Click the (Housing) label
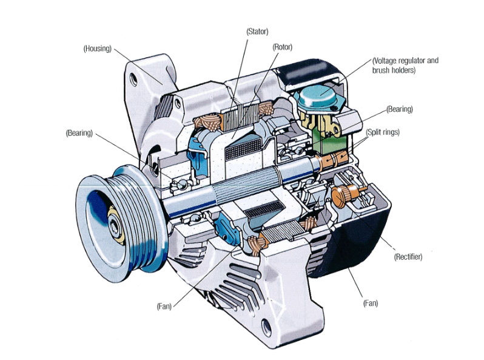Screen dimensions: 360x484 (x=97, y=49)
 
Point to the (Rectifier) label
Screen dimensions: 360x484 (x=408, y=257)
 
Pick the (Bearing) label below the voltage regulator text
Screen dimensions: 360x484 (x=400, y=109)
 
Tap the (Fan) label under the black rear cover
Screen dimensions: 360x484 (x=371, y=302)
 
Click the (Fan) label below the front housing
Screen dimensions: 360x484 (x=163, y=307)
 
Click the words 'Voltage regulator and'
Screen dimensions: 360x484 (x=405, y=61)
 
